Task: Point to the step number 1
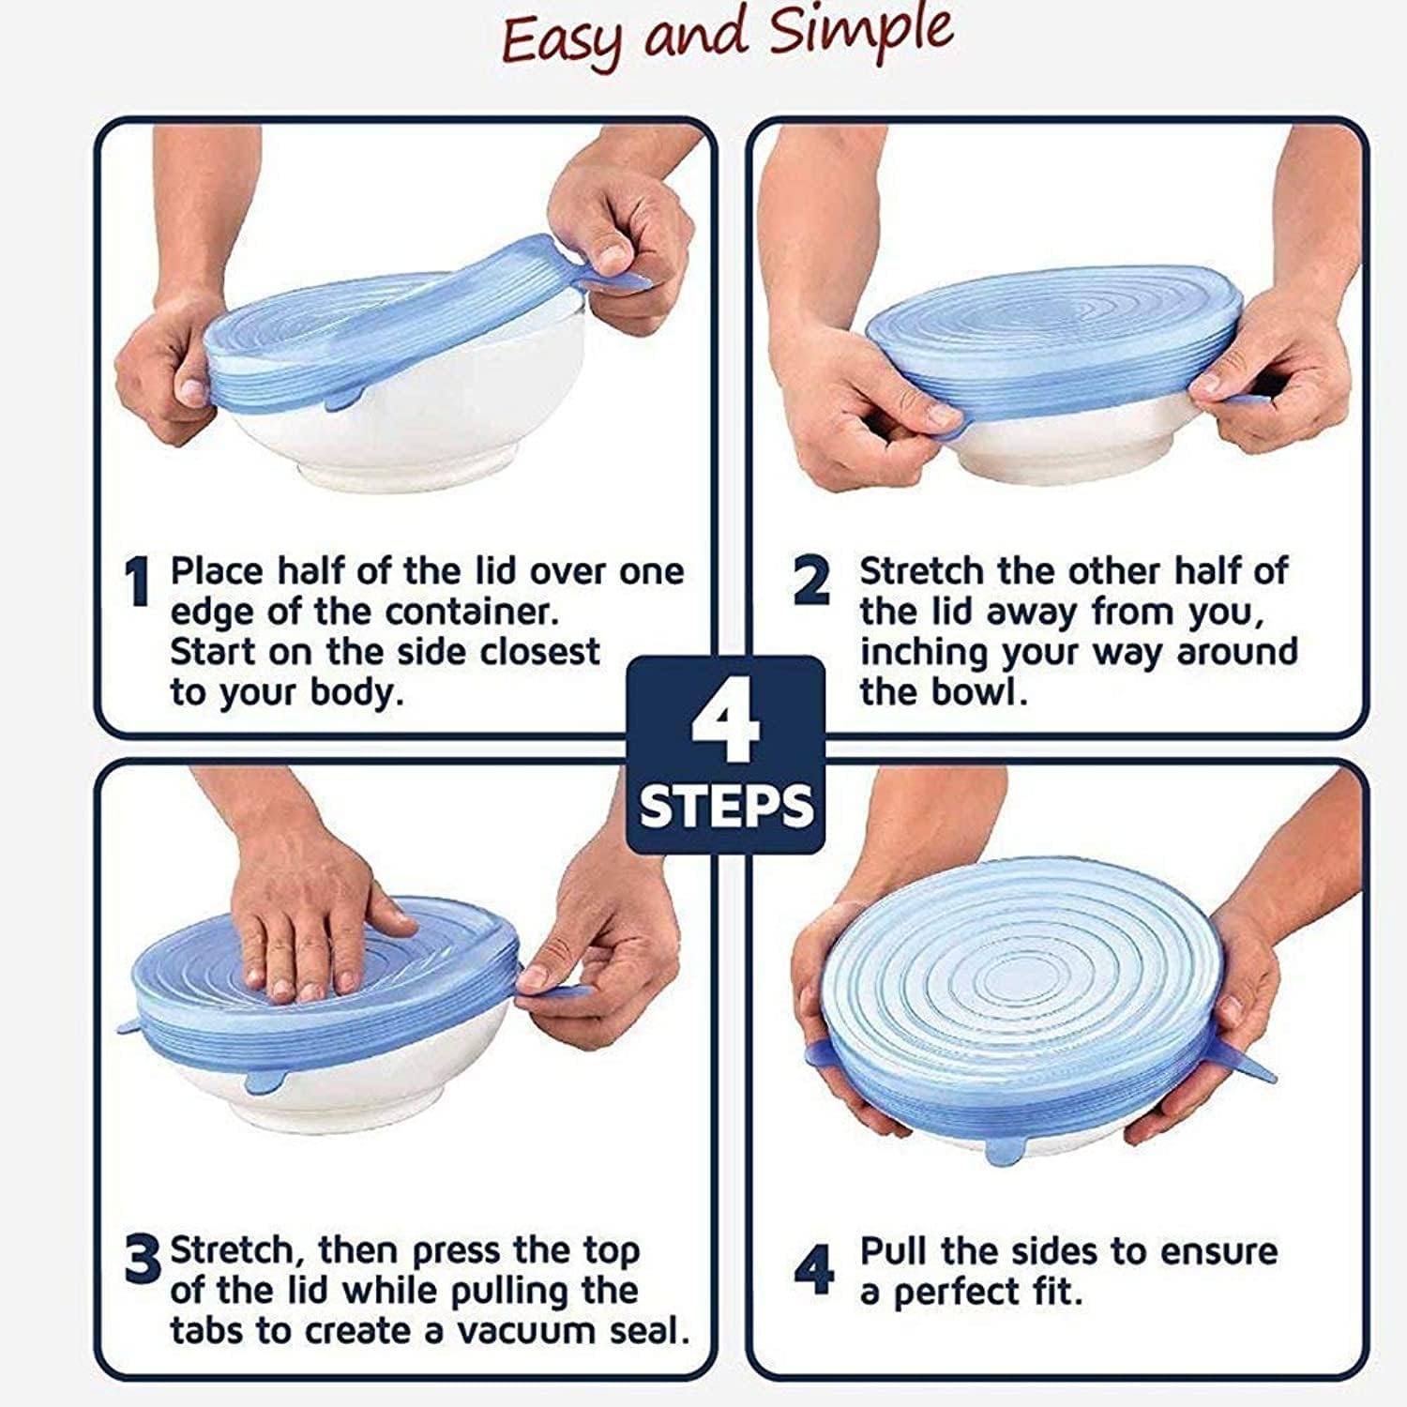pyautogui.click(x=138, y=582)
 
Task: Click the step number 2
pyautogui.click(x=811, y=582)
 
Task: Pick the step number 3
pyautogui.click(x=144, y=1262)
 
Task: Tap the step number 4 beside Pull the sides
pyautogui.click(x=813, y=1269)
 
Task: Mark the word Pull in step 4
pyautogui.click(x=895, y=1251)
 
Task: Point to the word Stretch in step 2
pyautogui.click(x=921, y=571)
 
